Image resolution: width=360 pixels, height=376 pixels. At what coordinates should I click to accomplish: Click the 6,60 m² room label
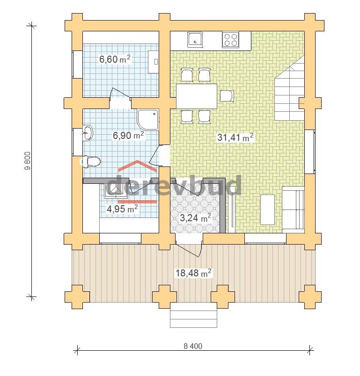115,59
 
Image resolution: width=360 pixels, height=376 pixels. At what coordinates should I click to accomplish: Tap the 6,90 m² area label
128,136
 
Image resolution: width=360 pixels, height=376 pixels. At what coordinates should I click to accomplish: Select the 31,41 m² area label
235,137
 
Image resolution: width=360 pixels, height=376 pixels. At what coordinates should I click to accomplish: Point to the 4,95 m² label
122,209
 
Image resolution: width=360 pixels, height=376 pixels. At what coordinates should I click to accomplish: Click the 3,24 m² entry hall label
195,218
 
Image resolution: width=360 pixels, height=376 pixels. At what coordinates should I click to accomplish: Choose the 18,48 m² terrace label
193,273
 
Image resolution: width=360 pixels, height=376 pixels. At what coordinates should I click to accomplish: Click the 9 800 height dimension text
28,161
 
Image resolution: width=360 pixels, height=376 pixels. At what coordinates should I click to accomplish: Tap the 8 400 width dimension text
193,346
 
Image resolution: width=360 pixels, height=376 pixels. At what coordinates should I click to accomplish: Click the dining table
197,96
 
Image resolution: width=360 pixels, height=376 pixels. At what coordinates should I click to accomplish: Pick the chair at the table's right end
227,96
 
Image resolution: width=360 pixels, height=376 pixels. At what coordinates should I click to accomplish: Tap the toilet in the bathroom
90,161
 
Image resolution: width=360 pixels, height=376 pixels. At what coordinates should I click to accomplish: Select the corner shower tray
148,120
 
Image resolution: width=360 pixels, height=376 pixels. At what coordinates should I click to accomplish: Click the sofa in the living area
293,210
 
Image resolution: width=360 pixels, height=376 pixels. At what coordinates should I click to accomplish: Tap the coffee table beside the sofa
267,210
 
